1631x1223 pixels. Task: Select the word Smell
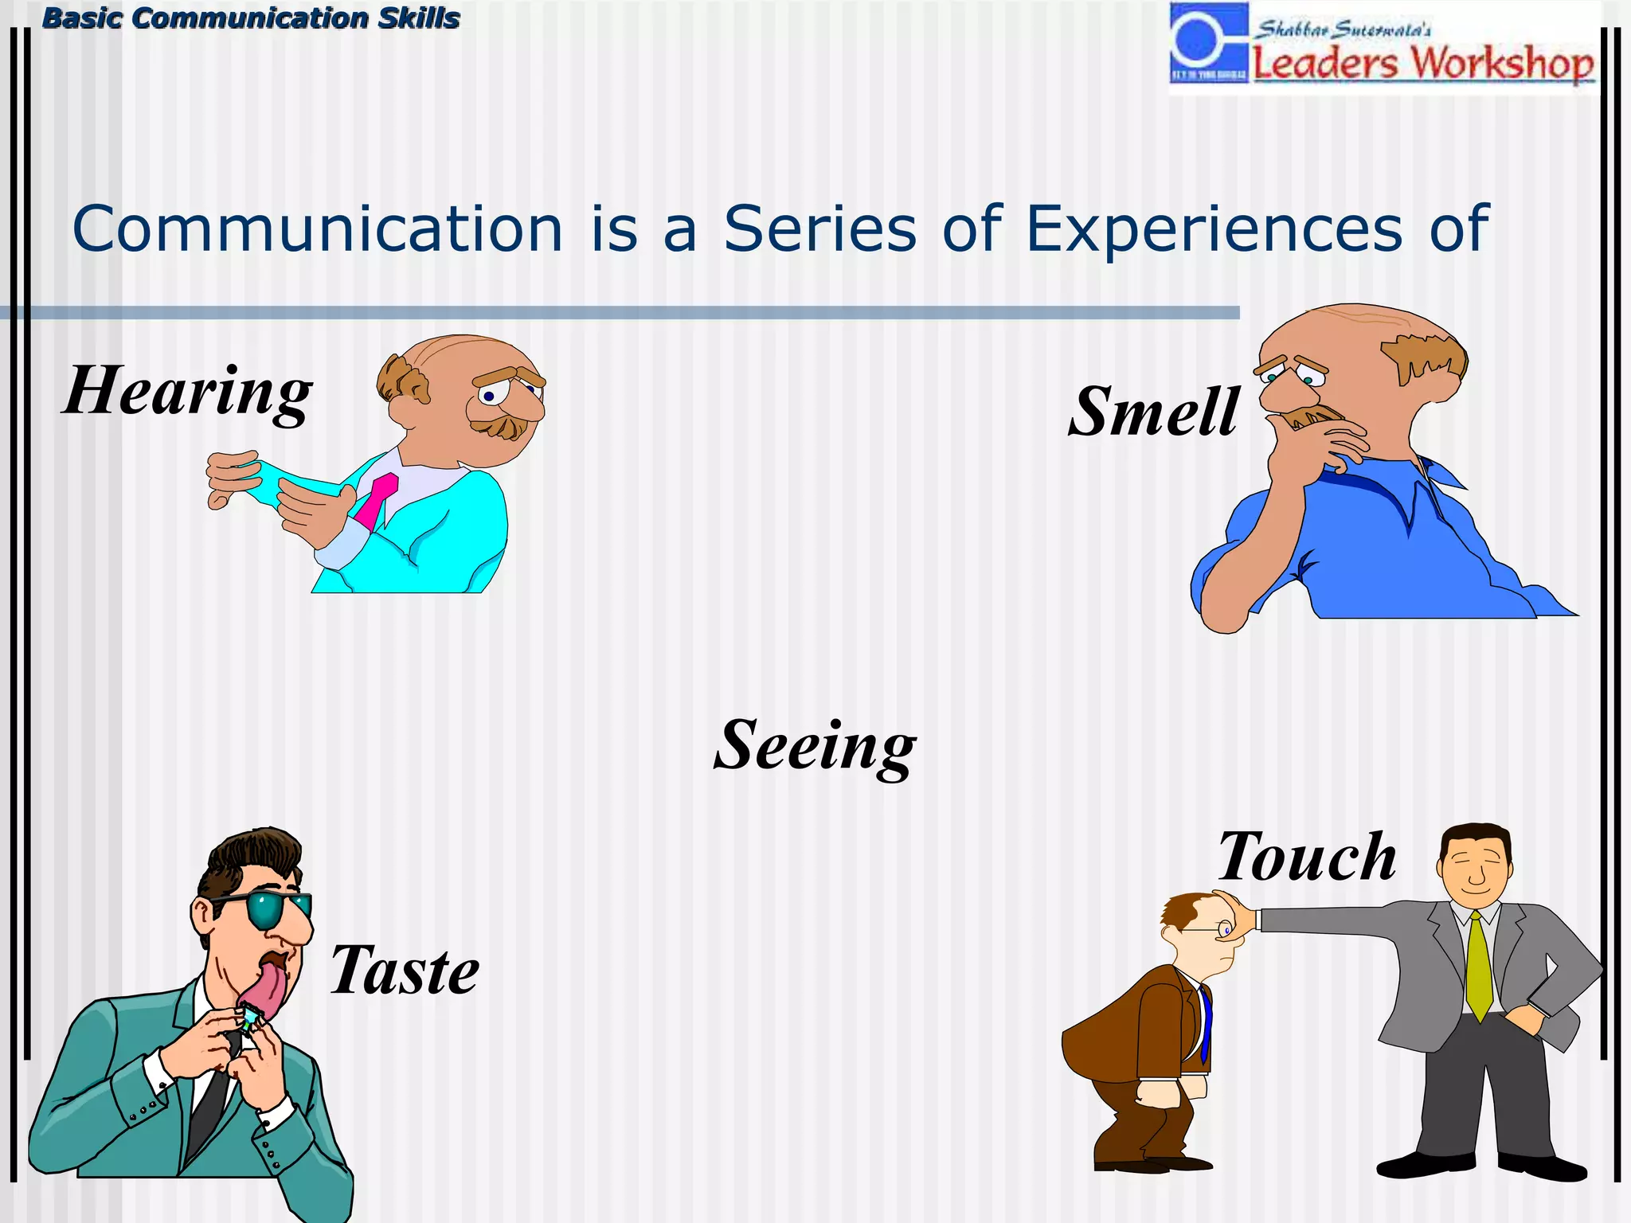(x=1153, y=412)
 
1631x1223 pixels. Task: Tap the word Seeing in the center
(x=815, y=746)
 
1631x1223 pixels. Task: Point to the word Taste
(x=405, y=971)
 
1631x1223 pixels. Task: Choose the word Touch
(x=1307, y=858)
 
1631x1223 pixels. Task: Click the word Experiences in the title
(x=1214, y=229)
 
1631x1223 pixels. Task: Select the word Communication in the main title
(x=318, y=229)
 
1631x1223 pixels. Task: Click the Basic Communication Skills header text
(x=251, y=18)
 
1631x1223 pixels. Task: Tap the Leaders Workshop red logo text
(x=1423, y=64)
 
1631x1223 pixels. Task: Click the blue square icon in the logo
(x=1208, y=42)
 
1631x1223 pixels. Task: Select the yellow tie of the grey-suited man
(x=1479, y=967)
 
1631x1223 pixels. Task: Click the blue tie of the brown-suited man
(x=1206, y=1023)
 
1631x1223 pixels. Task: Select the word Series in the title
(x=819, y=229)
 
